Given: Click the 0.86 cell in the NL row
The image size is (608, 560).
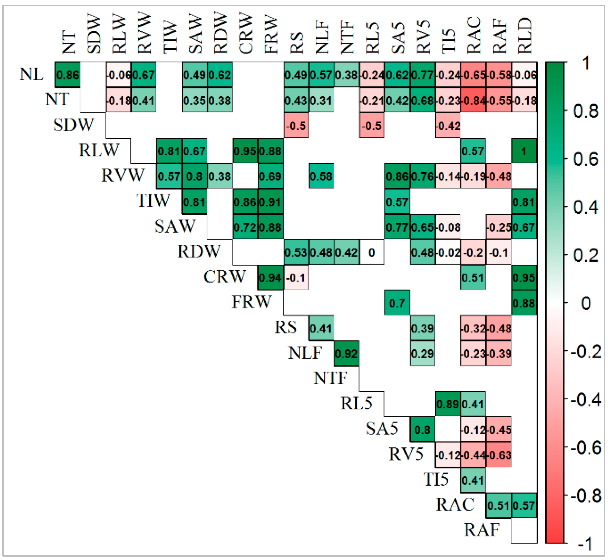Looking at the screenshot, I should pyautogui.click(x=68, y=75).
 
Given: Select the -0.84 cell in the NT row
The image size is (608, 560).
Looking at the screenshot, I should pyautogui.click(x=473, y=100).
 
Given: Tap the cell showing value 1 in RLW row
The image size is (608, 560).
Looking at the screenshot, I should pyautogui.click(x=524, y=151).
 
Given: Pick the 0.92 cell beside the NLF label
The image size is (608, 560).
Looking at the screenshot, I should pyautogui.click(x=346, y=354).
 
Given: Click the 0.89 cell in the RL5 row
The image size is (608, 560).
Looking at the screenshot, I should pyautogui.click(x=448, y=404).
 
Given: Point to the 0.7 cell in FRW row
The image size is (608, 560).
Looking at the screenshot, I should pyautogui.click(x=397, y=303).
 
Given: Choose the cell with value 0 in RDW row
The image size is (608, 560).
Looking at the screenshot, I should pyautogui.click(x=372, y=253).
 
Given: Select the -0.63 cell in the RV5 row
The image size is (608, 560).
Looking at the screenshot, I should pyautogui.click(x=499, y=455).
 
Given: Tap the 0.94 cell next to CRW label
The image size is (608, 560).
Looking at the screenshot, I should pyautogui.click(x=270, y=278).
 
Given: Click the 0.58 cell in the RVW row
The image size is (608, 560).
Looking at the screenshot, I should pyautogui.click(x=321, y=176).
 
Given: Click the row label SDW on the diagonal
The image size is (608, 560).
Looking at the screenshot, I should pyautogui.click(x=74, y=125).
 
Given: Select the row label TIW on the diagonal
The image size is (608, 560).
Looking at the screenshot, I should pyautogui.click(x=153, y=201).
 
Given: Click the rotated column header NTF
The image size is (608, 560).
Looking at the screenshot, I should pyautogui.click(x=347, y=38).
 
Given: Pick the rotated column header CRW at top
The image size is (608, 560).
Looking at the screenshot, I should pyautogui.click(x=245, y=33).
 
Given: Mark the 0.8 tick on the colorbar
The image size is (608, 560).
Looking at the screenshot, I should pyautogui.click(x=585, y=111).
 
